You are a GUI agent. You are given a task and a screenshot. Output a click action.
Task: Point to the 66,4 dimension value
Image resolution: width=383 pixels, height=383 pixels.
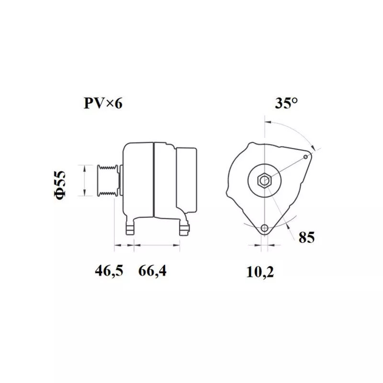[153, 271]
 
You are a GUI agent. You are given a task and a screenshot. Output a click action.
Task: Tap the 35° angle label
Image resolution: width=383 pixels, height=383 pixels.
[286, 103]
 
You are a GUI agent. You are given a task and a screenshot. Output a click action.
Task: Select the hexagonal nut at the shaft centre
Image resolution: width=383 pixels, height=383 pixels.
[264, 180]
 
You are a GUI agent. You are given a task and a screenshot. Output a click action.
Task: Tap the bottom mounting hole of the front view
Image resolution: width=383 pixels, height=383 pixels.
[264, 228]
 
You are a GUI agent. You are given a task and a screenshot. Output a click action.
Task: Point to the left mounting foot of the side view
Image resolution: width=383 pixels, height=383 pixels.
[130, 229]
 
